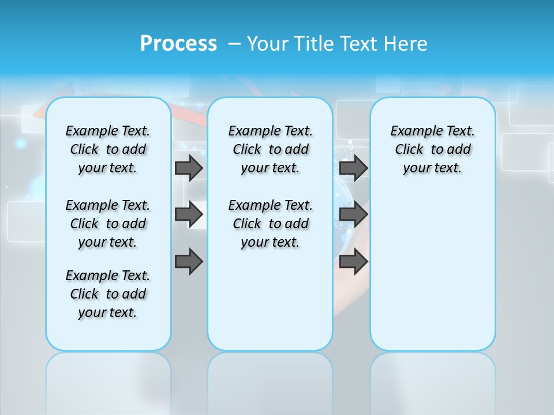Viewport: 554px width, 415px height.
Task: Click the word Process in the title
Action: (x=178, y=43)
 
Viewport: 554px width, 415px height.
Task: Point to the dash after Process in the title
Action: (x=234, y=44)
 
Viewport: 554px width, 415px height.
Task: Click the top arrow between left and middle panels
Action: (x=189, y=168)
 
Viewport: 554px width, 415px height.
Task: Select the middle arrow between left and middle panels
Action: (x=189, y=214)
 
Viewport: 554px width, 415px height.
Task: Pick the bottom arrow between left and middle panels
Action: (x=189, y=262)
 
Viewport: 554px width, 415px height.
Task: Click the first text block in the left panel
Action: (x=108, y=149)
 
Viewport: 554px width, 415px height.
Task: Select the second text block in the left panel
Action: (x=108, y=224)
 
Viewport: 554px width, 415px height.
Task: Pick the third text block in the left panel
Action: (x=108, y=294)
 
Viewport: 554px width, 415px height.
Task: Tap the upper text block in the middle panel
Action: (x=270, y=149)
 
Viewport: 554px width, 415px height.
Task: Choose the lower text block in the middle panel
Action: (x=270, y=224)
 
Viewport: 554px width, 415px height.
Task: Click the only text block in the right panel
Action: (x=432, y=149)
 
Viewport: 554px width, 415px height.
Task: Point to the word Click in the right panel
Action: (x=409, y=150)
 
